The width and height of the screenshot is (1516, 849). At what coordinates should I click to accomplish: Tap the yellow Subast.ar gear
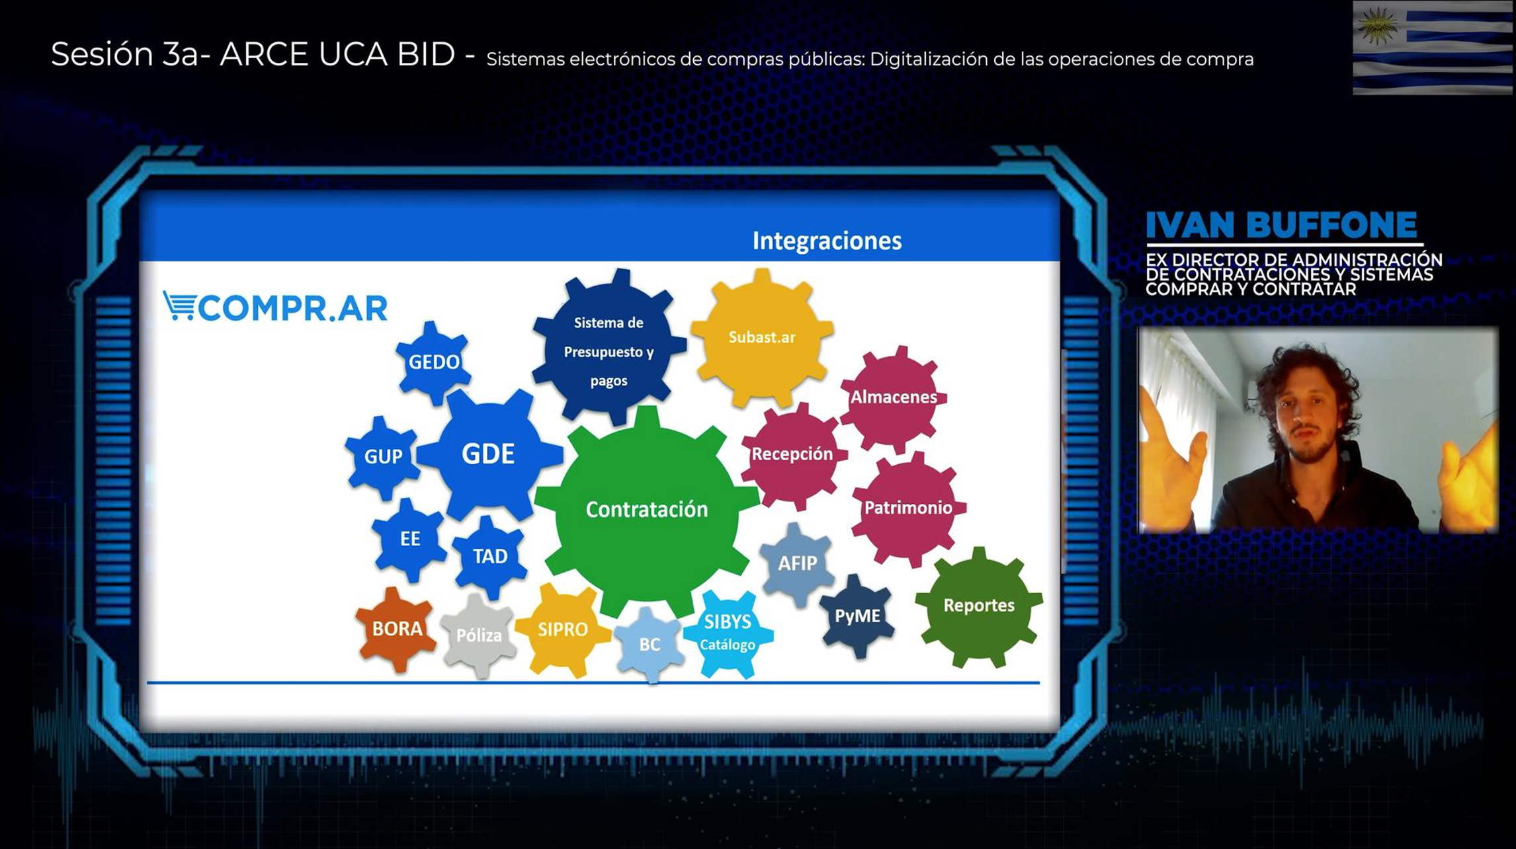762,338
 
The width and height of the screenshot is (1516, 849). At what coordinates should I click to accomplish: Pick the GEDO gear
434,362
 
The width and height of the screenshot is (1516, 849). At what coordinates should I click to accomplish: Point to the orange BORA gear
397,629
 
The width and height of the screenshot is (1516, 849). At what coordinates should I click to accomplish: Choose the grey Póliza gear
479,635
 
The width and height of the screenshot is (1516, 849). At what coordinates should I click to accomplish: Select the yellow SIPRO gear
563,629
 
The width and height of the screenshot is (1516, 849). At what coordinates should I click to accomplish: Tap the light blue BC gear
650,645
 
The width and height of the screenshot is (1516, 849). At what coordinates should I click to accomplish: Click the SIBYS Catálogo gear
728,633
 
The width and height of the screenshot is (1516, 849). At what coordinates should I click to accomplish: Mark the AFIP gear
797,564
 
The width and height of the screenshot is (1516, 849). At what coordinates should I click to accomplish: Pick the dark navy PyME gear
857,616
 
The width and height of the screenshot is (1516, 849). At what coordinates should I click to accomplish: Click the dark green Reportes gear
979,606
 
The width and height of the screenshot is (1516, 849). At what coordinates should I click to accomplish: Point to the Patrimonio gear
909,508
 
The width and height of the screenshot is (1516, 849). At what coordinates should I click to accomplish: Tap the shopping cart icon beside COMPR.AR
179,306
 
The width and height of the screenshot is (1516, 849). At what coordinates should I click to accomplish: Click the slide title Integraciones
827,241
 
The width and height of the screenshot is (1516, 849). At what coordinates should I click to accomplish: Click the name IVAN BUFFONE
1281,225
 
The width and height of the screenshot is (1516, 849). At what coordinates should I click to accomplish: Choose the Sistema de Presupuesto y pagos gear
609,347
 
